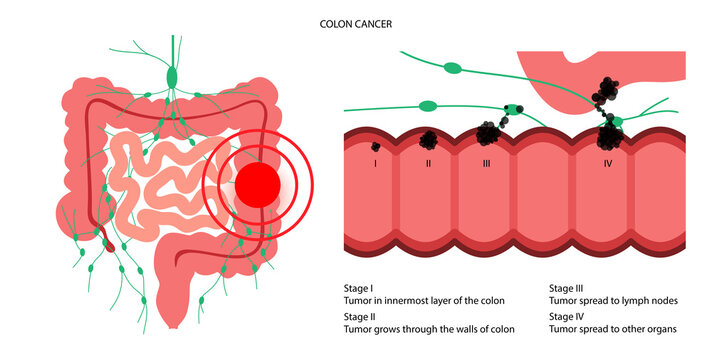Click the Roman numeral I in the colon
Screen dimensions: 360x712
374,162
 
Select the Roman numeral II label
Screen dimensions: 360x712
428,162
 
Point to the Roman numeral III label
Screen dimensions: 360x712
486,162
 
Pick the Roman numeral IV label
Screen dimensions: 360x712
607,162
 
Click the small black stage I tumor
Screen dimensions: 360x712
375,147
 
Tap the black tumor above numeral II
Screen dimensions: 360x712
428,139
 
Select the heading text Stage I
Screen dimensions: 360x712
359,287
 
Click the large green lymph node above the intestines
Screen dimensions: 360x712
173,76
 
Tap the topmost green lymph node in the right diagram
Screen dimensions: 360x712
453,69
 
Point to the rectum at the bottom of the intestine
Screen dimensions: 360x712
171,315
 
